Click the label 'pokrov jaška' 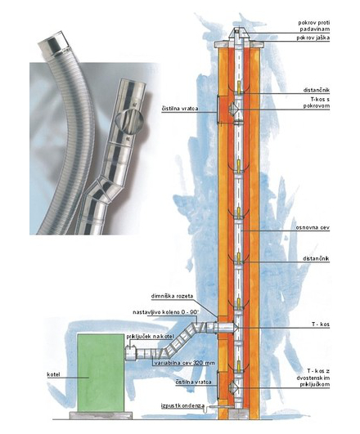pos(313,38)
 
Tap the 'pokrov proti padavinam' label pos(314,25)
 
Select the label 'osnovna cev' pos(313,228)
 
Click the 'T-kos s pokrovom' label pos(316,102)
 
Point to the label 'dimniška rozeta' pos(172,296)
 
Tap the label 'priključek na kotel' pos(150,337)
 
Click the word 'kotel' pos(53,375)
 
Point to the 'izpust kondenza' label pos(183,406)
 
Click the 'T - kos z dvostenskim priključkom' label pos(315,378)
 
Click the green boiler pos(101,373)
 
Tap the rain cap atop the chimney pos(237,34)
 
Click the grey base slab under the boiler pos(101,415)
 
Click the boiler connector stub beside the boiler pos(131,353)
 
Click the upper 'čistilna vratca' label pos(180,109)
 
